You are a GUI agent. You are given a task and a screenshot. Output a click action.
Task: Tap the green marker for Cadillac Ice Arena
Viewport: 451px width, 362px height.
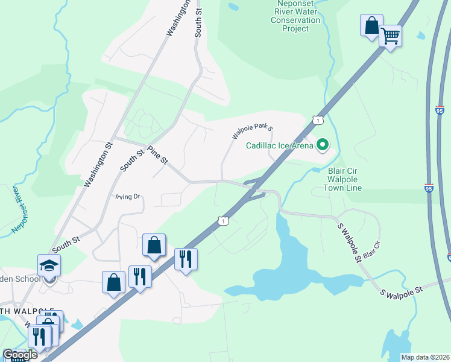click(323, 144)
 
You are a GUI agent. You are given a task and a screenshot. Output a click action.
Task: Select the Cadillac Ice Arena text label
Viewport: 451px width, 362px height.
click(280, 145)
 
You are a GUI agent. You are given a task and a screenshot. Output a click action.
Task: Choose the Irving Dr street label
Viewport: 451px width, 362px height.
click(128, 197)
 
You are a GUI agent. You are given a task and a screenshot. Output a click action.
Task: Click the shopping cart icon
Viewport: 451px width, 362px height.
click(390, 37)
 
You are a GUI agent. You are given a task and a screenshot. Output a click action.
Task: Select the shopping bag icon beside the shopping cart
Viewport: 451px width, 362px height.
click(371, 26)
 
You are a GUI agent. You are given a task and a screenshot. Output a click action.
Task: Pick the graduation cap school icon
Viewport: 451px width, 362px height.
click(49, 265)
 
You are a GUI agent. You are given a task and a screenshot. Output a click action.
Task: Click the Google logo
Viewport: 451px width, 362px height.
click(20, 355)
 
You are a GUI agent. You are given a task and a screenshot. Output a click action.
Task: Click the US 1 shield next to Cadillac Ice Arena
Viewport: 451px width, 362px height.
click(317, 121)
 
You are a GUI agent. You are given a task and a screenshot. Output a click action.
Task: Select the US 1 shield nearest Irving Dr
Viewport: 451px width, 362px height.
click(223, 222)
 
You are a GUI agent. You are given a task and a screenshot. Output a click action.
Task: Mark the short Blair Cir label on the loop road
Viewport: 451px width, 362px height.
click(373, 252)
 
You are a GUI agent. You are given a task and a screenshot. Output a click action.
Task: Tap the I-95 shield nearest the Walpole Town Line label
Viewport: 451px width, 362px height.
click(429, 188)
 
